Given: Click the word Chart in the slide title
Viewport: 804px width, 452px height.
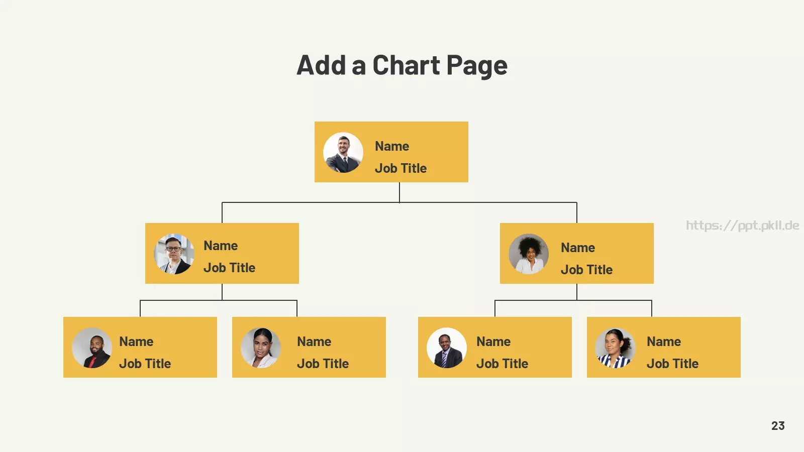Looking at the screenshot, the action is coord(407,65).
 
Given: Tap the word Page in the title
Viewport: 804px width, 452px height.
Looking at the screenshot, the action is coord(477,66).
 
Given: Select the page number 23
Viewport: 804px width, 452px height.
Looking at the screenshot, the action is coord(778,426).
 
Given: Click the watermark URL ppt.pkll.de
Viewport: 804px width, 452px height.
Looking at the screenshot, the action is coord(743,225).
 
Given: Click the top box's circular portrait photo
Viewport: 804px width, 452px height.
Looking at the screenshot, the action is coord(343,153).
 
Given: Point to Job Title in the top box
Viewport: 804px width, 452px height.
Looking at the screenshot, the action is coord(400,168).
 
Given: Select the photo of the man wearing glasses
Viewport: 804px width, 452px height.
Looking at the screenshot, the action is coord(174,254).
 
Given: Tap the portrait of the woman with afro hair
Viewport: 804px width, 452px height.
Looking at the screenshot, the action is coord(529,254).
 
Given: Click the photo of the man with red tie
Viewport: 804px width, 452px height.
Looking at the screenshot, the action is coord(92,348).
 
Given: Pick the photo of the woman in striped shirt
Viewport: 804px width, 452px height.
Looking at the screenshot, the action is coord(615,348).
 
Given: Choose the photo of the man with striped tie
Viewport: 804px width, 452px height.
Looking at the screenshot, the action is coord(447,348).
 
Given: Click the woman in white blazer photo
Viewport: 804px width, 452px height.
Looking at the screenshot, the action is coord(261,348).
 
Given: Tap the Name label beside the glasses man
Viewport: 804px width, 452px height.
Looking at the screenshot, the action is coord(221,246).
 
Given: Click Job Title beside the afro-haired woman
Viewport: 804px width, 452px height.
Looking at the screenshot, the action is coord(586,270).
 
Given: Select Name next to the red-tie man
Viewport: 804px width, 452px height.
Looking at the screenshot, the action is coord(136,342).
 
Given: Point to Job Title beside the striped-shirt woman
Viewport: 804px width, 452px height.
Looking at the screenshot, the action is coord(672,364).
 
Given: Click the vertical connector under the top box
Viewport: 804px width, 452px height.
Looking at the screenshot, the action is coord(399,192).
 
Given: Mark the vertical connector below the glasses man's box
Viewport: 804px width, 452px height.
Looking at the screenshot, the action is coord(222,292).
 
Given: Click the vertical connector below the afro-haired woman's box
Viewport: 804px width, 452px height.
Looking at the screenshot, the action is coord(576,292).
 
